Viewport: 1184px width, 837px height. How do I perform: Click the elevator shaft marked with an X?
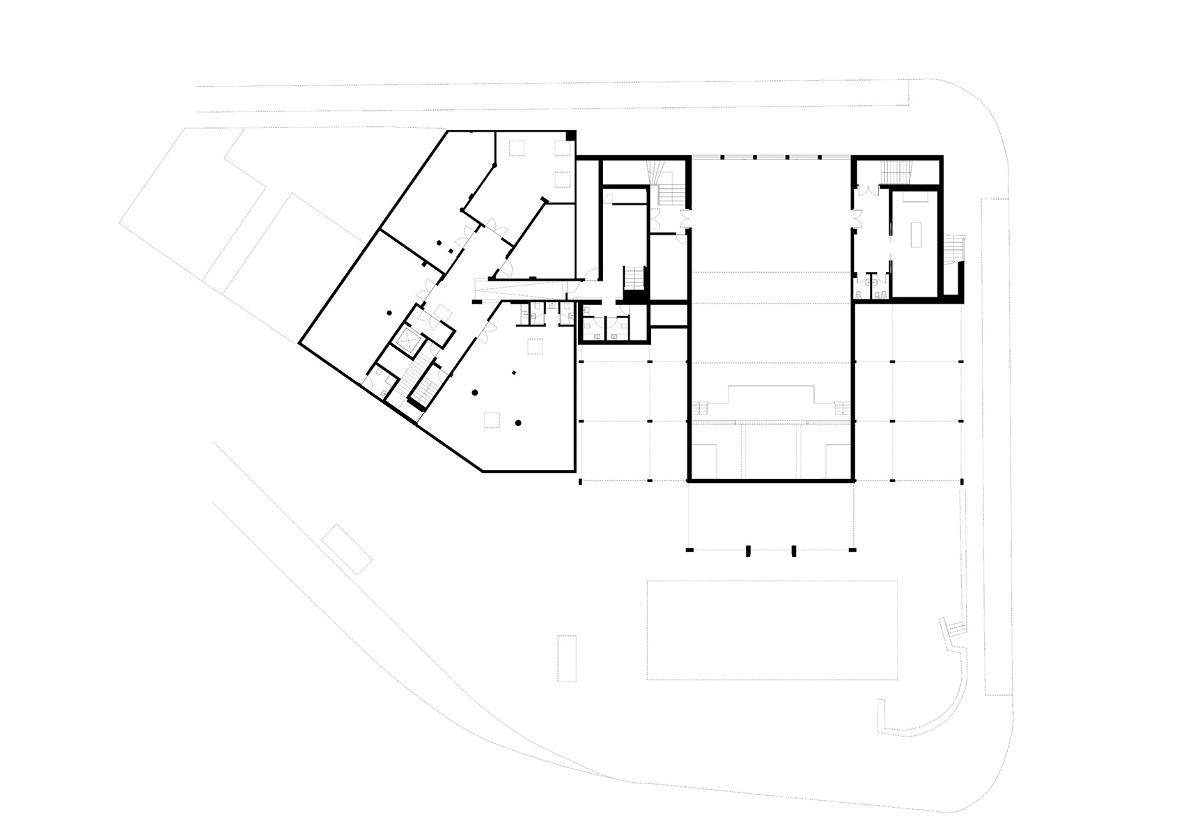click(x=405, y=341)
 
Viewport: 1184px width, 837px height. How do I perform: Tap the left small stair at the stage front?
click(x=701, y=408)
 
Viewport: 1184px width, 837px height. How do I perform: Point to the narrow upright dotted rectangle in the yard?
click(x=568, y=657)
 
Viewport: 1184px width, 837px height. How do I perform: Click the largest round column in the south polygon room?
click(x=518, y=422)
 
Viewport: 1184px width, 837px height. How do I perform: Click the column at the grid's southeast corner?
click(x=962, y=481)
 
